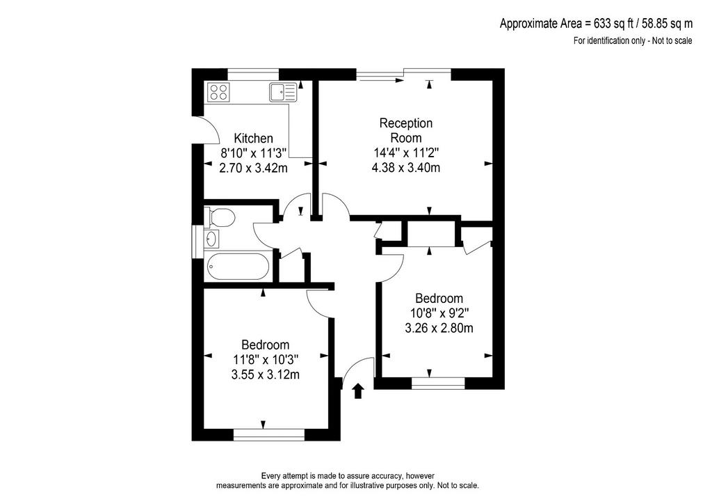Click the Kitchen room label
click(x=253, y=138)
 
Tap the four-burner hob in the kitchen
click(x=218, y=92)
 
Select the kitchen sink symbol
click(x=282, y=93)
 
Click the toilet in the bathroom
click(x=219, y=216)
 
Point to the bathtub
click(x=238, y=267)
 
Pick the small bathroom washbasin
click(x=211, y=238)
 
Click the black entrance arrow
click(x=358, y=391)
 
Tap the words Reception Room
click(x=406, y=130)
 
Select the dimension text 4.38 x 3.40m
click(x=406, y=168)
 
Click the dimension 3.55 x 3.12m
click(x=265, y=375)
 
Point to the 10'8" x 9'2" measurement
click(x=439, y=313)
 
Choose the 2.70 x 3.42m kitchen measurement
click(x=253, y=168)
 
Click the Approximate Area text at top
click(x=596, y=23)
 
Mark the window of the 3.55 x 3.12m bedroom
click(x=269, y=435)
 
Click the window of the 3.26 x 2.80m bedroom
click(x=438, y=384)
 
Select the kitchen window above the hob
click(x=253, y=74)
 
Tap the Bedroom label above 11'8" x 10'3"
click(x=265, y=345)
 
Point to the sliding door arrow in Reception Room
click(x=380, y=81)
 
